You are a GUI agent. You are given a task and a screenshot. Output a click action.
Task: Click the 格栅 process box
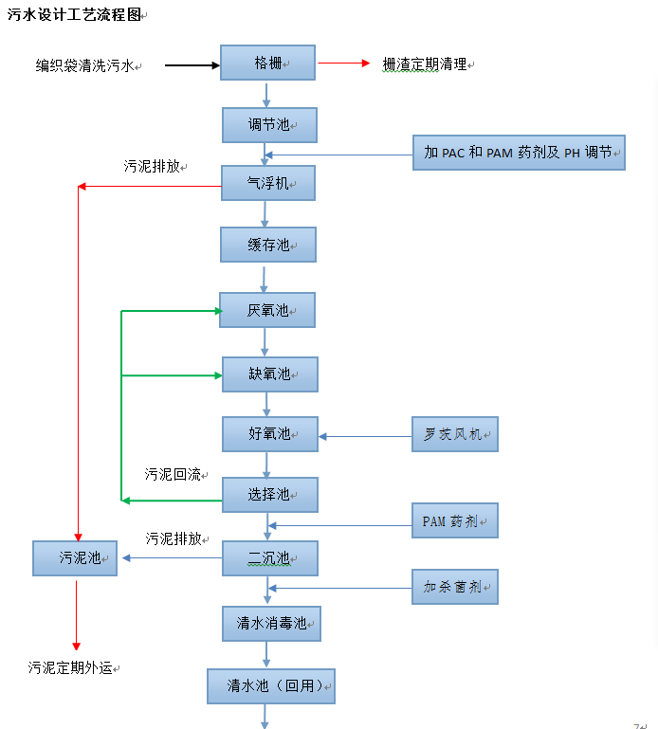(x=267, y=64)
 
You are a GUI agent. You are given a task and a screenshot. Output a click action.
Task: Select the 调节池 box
(x=269, y=124)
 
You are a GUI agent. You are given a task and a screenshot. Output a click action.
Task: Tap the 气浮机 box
(x=267, y=183)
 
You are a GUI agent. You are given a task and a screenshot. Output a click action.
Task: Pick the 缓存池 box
(x=268, y=245)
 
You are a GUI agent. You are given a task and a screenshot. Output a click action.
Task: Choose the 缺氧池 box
(x=269, y=374)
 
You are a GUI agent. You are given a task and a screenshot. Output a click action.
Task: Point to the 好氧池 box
(x=269, y=434)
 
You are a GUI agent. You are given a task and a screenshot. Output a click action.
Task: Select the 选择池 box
(x=269, y=495)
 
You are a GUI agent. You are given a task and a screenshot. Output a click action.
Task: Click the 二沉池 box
(x=269, y=558)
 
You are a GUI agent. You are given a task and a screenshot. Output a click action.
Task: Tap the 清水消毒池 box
(x=272, y=624)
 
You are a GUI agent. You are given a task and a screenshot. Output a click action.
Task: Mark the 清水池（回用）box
(x=271, y=686)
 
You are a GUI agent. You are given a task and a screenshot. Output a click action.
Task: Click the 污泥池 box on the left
(x=75, y=558)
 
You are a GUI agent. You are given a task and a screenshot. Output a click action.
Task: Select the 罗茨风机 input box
(x=454, y=435)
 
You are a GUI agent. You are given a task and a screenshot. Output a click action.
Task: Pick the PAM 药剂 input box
(x=454, y=521)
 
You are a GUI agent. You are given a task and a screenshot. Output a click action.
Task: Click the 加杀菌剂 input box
(x=454, y=587)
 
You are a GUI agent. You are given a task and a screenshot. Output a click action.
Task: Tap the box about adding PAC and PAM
(x=519, y=152)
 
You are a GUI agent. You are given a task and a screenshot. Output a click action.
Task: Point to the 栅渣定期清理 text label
(x=425, y=64)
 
